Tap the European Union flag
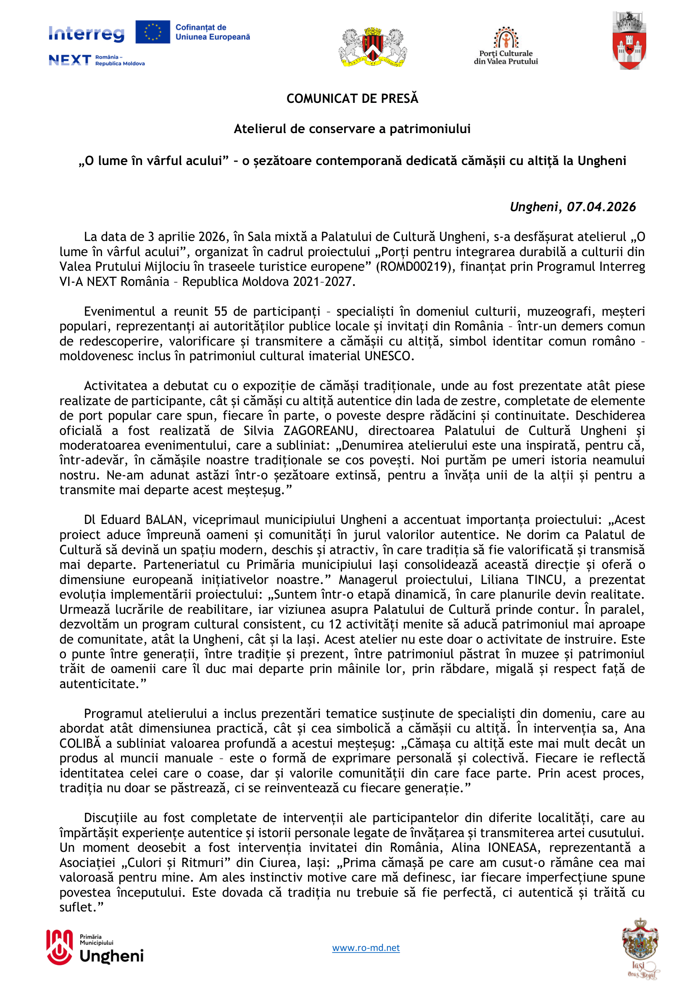pos(153,32)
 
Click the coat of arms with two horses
pos(373,47)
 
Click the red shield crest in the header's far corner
pos(629,41)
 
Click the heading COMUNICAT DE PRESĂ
pos(352,99)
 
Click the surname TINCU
pos(544,579)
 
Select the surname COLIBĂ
pos(80,744)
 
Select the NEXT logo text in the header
pos(70,60)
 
